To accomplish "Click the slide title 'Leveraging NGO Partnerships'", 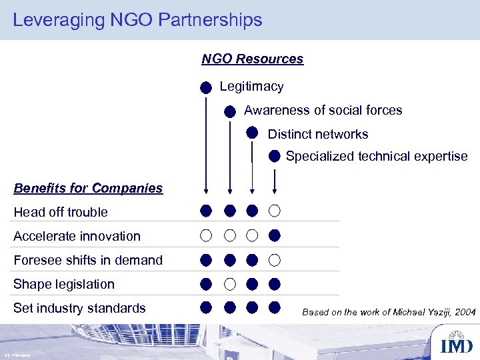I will pos(137,20).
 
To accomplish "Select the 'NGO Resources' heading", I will pos(252,59).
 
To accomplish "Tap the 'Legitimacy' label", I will pos(251,86).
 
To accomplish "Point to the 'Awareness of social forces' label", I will pos(323,110).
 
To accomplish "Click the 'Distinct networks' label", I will pos(317,134).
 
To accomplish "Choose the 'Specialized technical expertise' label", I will pos(377,156).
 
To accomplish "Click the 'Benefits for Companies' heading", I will pos(88,188).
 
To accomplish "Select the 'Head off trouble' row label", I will pos(61,212).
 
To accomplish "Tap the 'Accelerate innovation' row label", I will pos(77,236).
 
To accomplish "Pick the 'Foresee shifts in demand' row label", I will pos(88,260).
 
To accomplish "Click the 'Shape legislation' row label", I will pos(64,284).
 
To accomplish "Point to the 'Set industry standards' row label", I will pos(79,308).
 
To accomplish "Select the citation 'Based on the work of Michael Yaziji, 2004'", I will pos(389,311).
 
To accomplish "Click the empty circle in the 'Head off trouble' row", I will pos(275,211).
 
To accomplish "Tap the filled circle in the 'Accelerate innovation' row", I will pos(275,235).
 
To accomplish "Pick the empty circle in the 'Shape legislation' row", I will pos(229,284).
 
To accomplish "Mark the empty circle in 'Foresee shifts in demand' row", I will pos(275,260).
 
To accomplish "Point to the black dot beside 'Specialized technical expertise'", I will pos(274,157).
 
